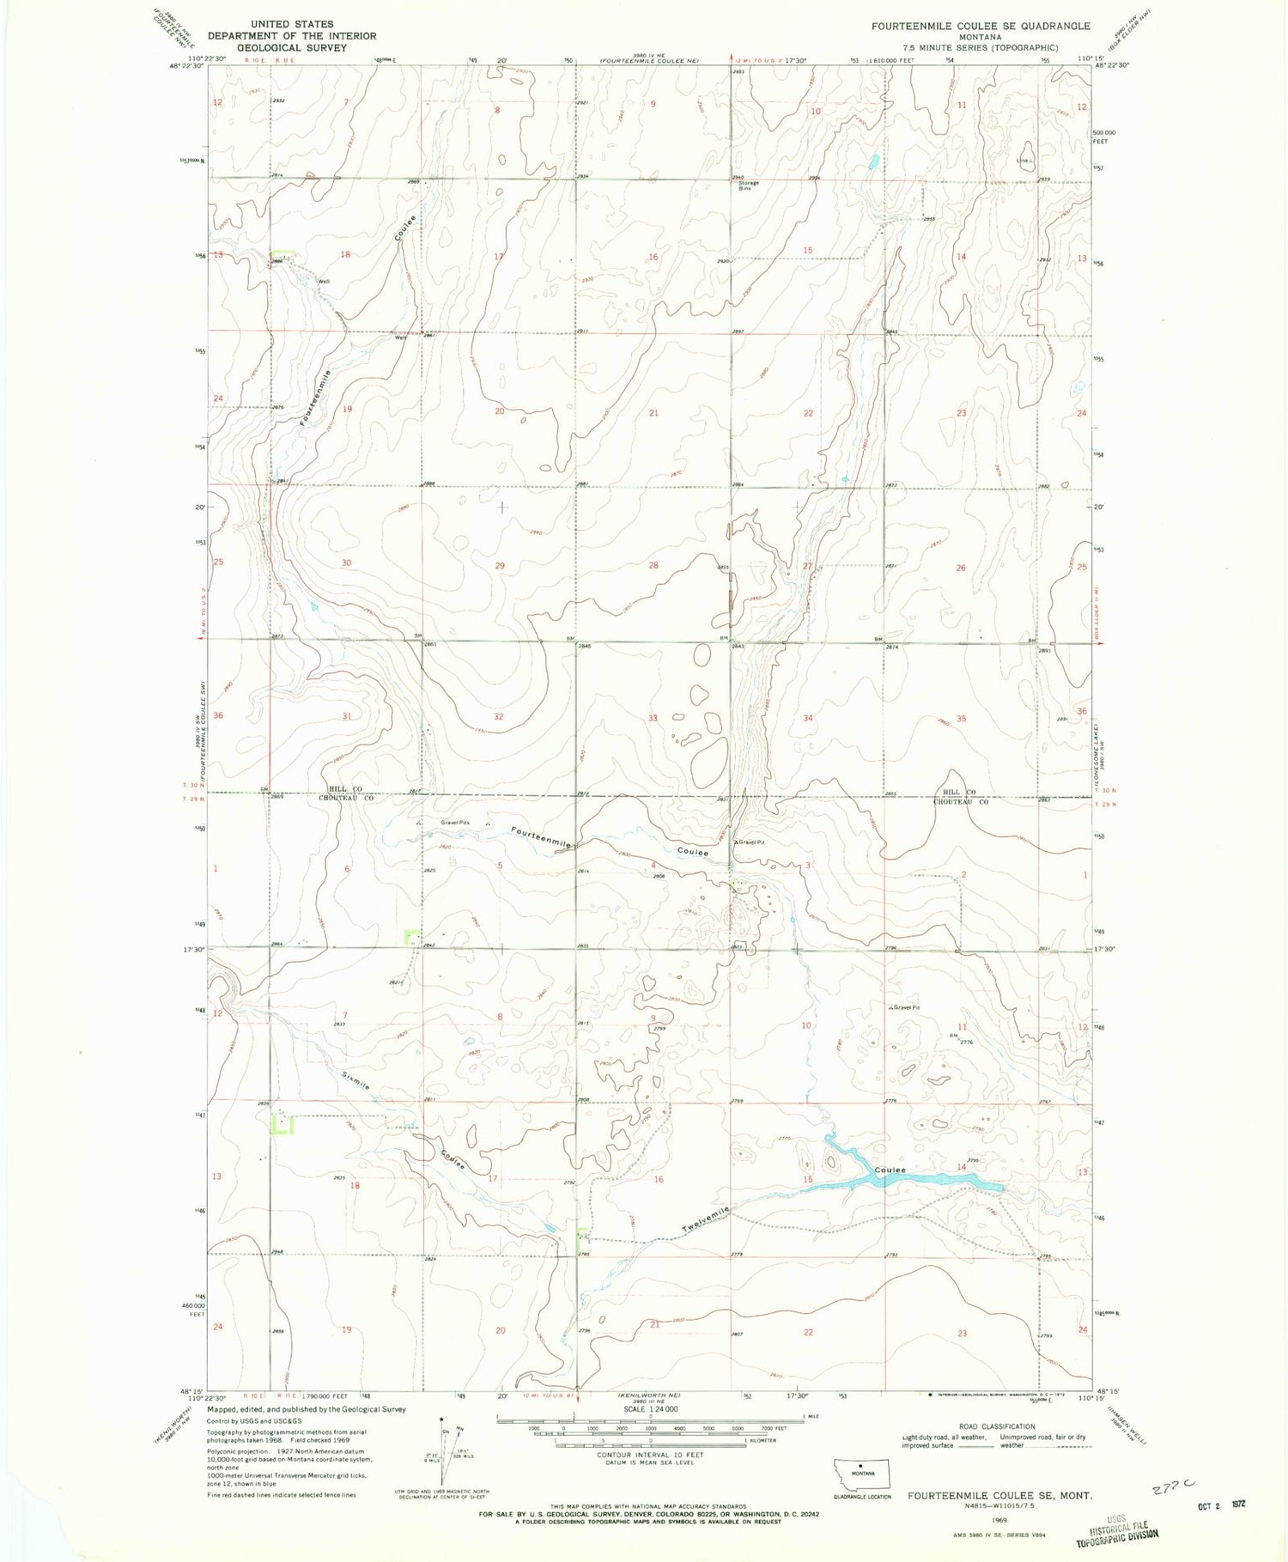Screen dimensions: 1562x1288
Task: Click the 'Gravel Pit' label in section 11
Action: tap(907, 1006)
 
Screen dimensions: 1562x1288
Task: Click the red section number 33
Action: tap(653, 718)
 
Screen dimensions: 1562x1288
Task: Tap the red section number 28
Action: tap(653, 565)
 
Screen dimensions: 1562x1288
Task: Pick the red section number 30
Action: tap(347, 562)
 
